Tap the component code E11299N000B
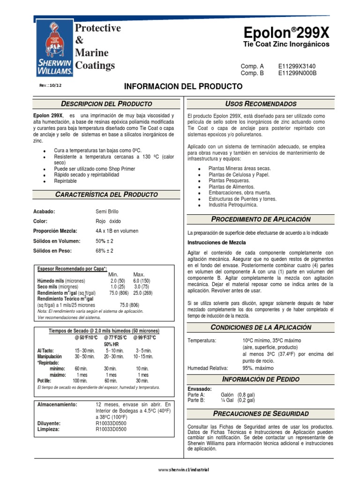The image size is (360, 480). point(297,73)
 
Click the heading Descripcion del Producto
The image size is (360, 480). point(106,103)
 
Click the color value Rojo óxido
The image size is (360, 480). point(108,221)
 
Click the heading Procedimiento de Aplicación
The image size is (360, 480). point(261,219)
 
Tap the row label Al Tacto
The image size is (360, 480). point(45,350)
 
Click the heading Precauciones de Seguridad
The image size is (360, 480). point(261,413)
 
